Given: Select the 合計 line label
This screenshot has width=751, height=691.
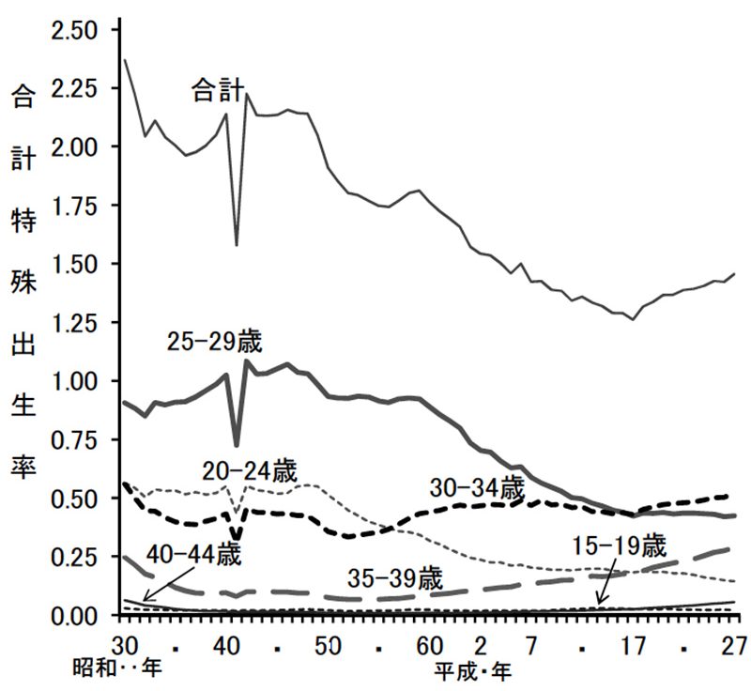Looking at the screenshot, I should click(218, 91).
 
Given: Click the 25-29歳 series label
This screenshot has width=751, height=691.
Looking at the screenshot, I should click(215, 342).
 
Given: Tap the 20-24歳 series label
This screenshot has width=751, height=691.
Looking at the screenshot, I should click(250, 472).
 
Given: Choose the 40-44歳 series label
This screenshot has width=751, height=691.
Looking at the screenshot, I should click(195, 553).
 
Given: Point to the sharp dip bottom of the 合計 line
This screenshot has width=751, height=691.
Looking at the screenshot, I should click(236, 245).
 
